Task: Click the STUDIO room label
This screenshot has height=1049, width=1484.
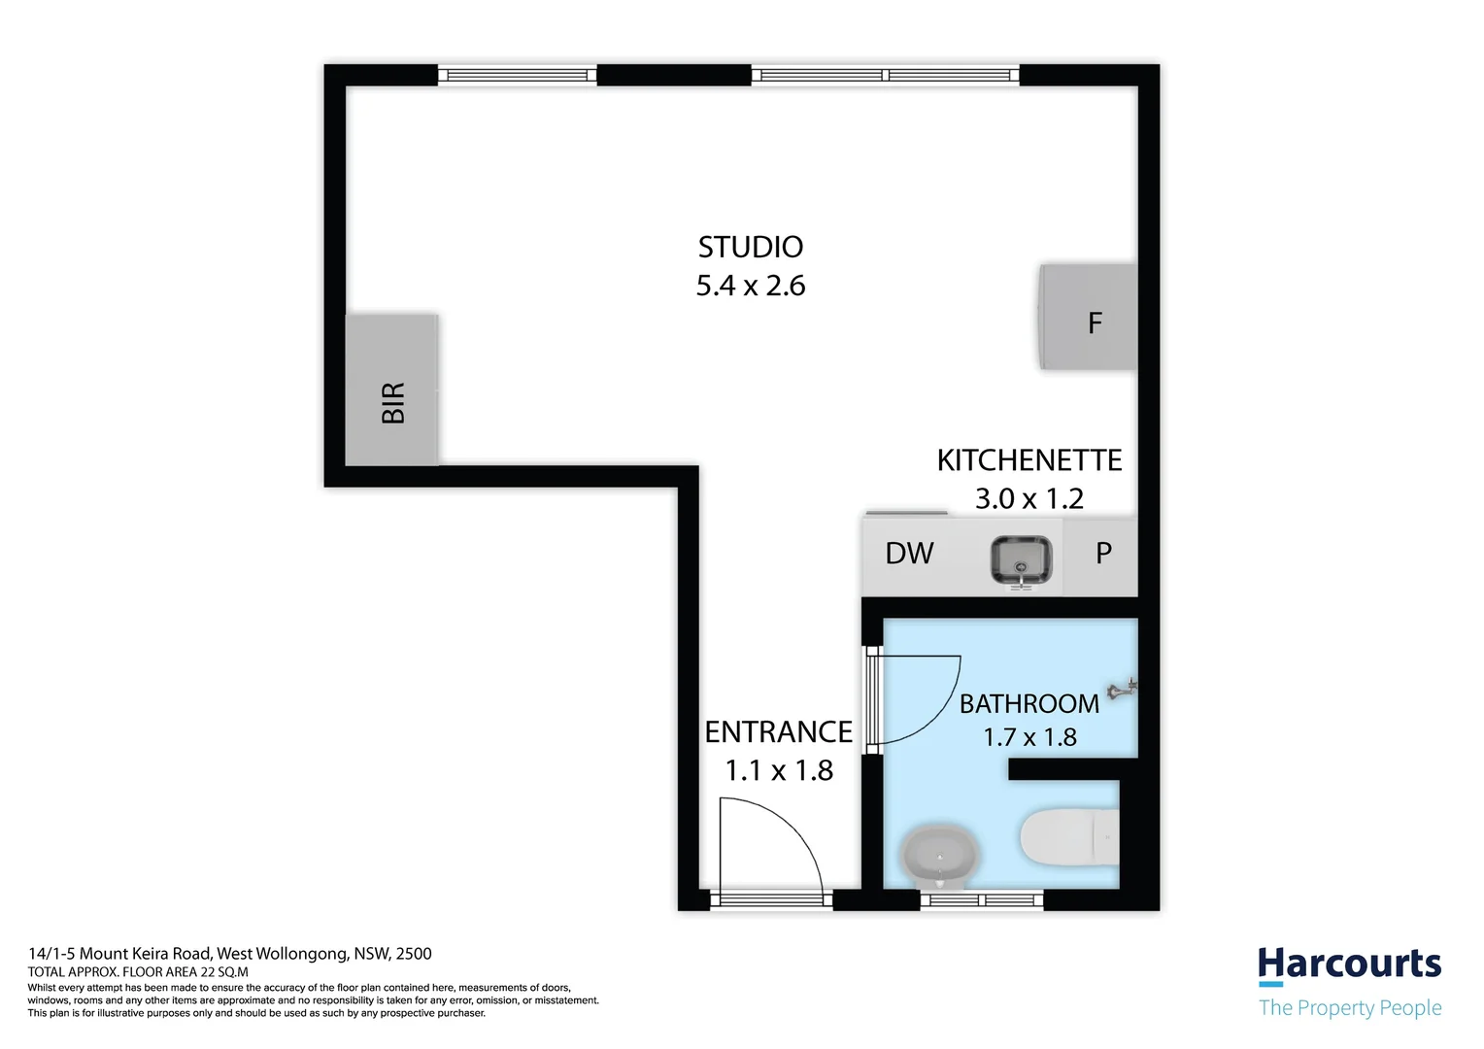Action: click(751, 248)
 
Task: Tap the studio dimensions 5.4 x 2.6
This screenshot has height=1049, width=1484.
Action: click(751, 287)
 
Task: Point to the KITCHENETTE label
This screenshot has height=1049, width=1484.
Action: click(1029, 460)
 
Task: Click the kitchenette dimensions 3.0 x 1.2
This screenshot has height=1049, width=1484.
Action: click(1029, 499)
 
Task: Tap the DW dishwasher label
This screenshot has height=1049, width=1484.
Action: click(909, 554)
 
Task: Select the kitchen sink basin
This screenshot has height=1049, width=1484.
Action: click(1020, 560)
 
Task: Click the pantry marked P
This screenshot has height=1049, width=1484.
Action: click(1102, 554)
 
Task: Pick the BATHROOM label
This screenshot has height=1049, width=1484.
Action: click(1029, 704)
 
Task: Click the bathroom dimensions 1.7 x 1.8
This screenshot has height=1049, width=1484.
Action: click(1029, 738)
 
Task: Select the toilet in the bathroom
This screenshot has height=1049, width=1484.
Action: click(1068, 835)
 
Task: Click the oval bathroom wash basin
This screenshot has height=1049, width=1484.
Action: click(940, 855)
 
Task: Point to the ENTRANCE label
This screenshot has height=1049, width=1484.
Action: click(778, 732)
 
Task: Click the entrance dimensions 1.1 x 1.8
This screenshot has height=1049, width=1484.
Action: click(779, 771)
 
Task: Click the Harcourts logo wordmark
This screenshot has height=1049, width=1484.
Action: click(1349, 964)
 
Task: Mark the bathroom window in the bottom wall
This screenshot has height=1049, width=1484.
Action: click(982, 900)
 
